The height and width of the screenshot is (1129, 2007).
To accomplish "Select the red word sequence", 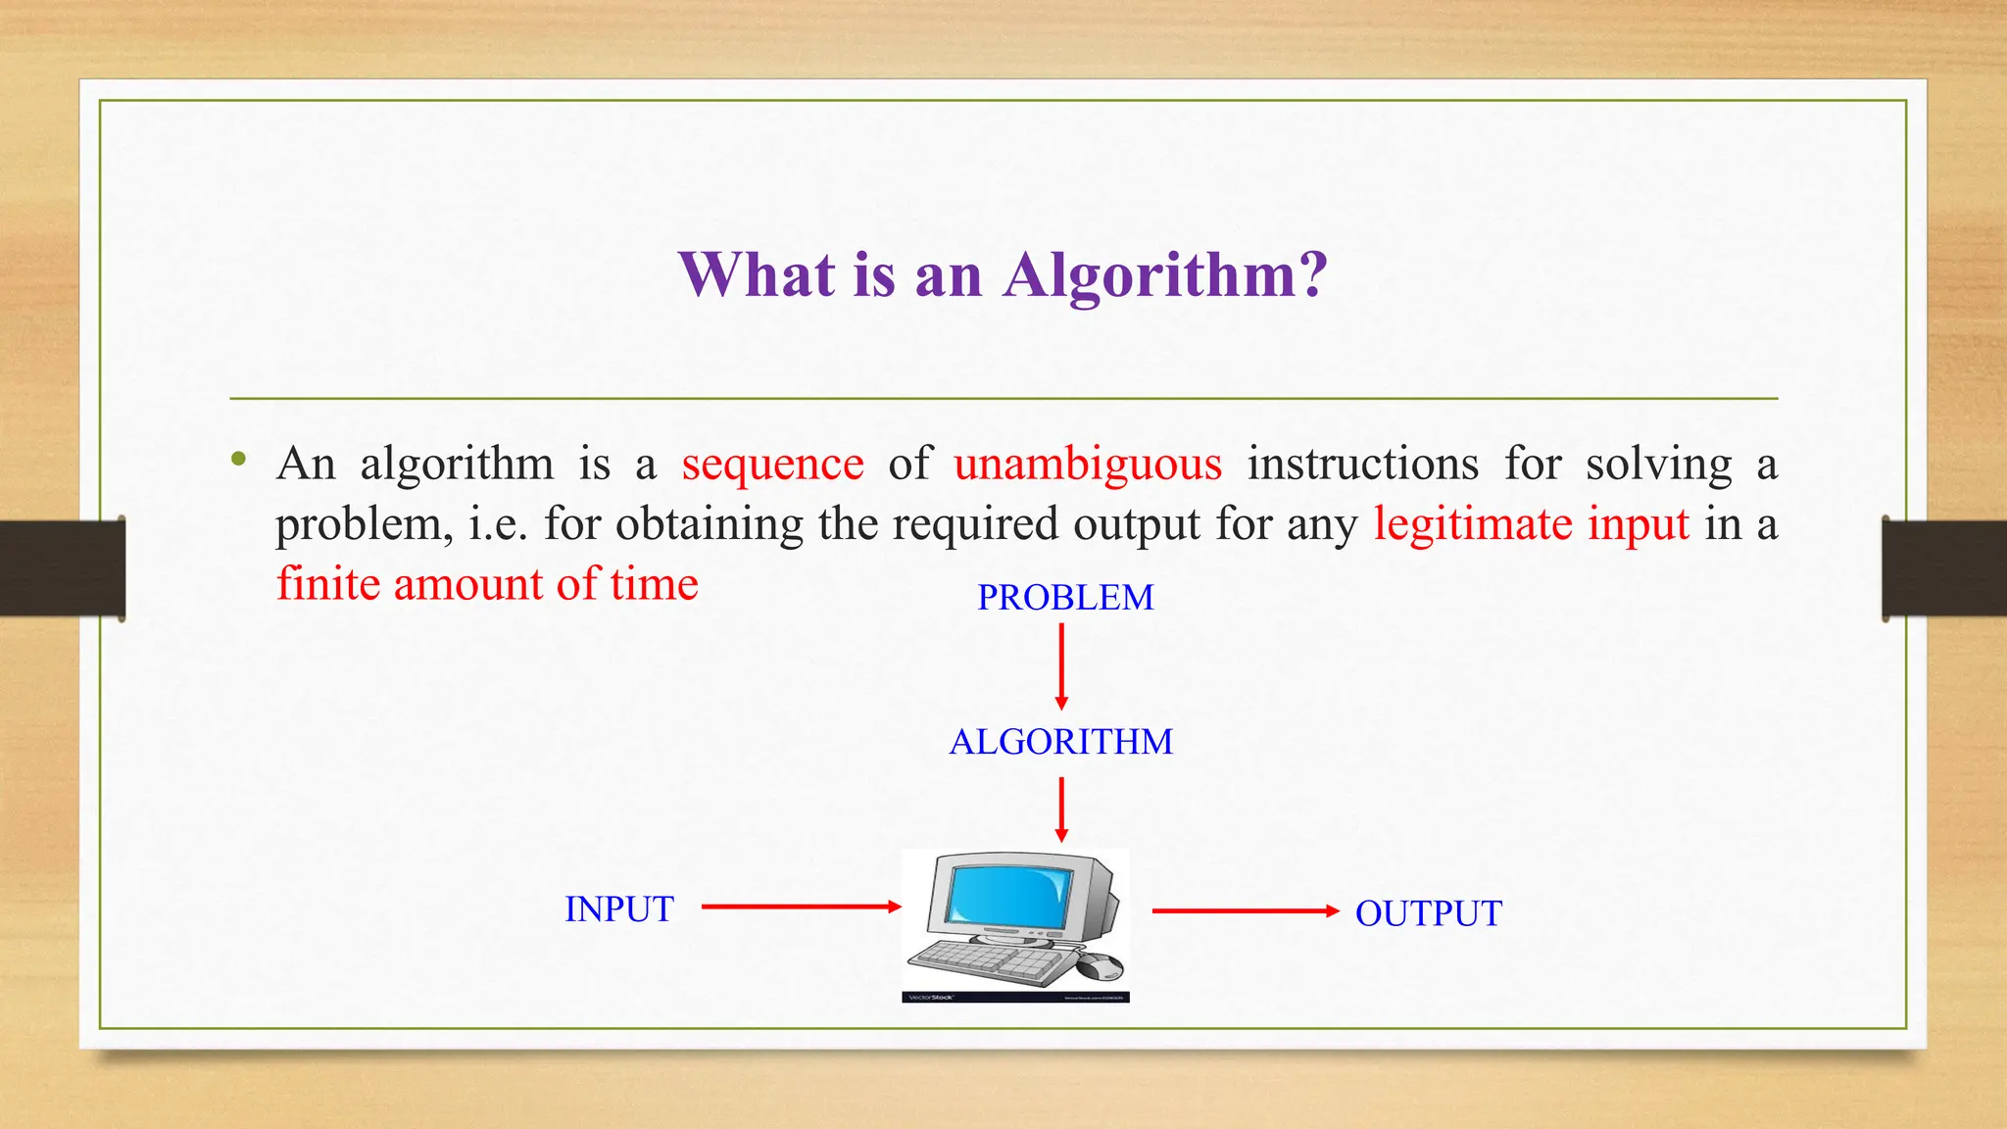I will pos(772,465).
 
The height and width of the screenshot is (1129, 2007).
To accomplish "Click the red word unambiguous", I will pos(1088,465).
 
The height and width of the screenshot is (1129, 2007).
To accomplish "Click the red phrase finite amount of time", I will pos(487,585).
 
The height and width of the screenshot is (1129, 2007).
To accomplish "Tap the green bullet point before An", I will pos(238,460).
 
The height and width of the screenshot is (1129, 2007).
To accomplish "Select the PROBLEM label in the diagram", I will pos(1065,598).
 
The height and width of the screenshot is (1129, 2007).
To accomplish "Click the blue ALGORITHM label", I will pos(1060,742).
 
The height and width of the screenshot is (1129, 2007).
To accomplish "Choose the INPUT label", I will pos(618,909).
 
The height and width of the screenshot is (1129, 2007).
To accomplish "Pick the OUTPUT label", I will pos(1428,913).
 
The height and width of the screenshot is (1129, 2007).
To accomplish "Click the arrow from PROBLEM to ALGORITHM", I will pos(1061,666).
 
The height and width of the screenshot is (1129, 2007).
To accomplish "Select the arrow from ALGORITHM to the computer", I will pos(1061,810).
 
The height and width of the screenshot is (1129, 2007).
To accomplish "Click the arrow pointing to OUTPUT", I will pos(1245,911).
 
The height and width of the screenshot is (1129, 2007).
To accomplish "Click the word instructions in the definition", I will pos(1362,465).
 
